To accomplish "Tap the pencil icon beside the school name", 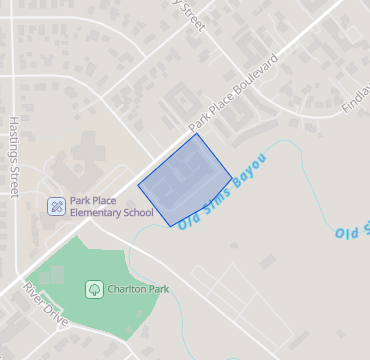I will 57,206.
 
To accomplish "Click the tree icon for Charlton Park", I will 94,289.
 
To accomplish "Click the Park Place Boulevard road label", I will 246,98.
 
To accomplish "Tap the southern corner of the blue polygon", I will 171,225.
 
